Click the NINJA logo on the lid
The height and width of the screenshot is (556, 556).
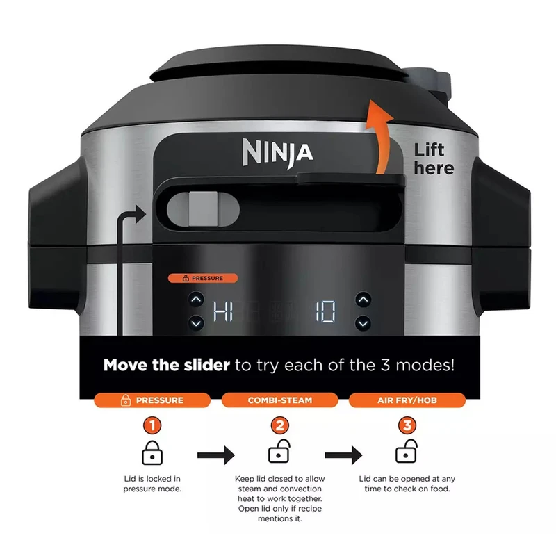(x=277, y=153)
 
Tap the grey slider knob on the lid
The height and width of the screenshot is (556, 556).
(x=203, y=209)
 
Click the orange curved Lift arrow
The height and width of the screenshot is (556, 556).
(x=379, y=137)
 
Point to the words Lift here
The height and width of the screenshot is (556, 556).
(x=434, y=159)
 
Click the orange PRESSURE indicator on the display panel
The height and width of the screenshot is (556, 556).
(x=203, y=279)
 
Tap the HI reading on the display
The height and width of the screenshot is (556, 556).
(x=223, y=311)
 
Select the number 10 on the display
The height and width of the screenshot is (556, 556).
(x=325, y=311)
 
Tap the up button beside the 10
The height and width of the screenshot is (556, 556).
(x=363, y=300)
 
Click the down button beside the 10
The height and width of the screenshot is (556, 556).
(x=363, y=323)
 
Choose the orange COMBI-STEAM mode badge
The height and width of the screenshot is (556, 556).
(x=280, y=400)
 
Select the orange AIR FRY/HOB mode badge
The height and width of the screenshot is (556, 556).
(x=407, y=400)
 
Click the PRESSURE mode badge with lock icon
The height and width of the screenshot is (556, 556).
(x=152, y=400)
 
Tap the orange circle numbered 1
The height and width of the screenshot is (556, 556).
(x=152, y=425)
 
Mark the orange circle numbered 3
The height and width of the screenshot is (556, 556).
(x=407, y=425)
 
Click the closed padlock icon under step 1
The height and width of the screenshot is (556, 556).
(x=152, y=453)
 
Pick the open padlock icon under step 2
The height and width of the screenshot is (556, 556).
(x=279, y=451)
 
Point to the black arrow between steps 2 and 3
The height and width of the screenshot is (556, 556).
(x=343, y=455)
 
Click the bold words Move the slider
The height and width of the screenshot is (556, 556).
(x=167, y=365)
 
